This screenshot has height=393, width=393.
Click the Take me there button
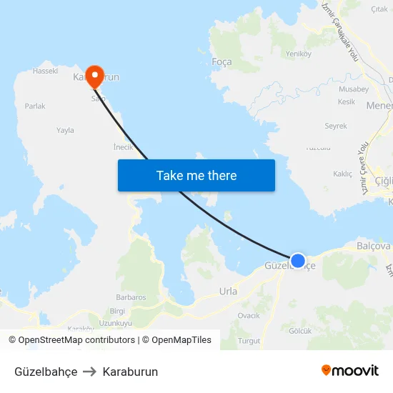pos(196,175)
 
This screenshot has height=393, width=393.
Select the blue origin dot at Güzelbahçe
pos(298,261)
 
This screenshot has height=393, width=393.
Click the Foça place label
pos(222,62)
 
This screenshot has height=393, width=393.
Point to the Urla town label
pos(228,292)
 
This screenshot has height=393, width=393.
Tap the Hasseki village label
pos(45,71)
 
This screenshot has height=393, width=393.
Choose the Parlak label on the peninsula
pos(35,106)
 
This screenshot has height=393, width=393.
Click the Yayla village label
pos(66,130)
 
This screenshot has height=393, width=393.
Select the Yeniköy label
pos(299,54)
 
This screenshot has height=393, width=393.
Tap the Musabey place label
pos(353,89)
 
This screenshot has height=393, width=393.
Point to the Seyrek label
pos(336,126)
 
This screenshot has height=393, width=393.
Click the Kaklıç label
pos(343,174)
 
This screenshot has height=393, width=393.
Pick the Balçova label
pos(373,246)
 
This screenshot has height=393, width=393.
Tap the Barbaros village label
pos(131,297)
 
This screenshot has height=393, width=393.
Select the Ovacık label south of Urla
pos(249,315)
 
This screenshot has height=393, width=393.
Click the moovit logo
pos(349,371)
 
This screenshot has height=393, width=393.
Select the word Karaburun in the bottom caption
pos(130,372)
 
